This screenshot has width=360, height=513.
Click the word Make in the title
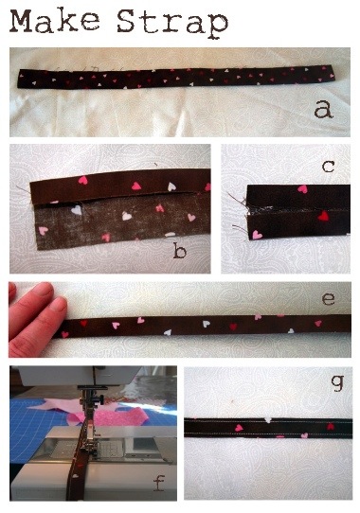55,21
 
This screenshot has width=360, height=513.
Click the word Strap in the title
172,23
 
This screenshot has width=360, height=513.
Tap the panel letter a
323,109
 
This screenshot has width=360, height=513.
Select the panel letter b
179,252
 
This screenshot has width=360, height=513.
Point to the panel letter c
328,167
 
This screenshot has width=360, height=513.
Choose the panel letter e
328,299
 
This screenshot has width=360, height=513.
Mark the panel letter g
337,382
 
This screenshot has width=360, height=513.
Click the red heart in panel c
323,216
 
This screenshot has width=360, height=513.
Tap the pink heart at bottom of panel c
257,234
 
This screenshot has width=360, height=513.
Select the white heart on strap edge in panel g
268,419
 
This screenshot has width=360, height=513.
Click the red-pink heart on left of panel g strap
239,428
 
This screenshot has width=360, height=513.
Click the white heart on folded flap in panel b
171,186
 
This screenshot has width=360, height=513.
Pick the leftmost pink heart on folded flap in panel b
82,180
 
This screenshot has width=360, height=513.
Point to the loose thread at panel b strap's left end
24,189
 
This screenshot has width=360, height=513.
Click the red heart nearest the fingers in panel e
83,323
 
